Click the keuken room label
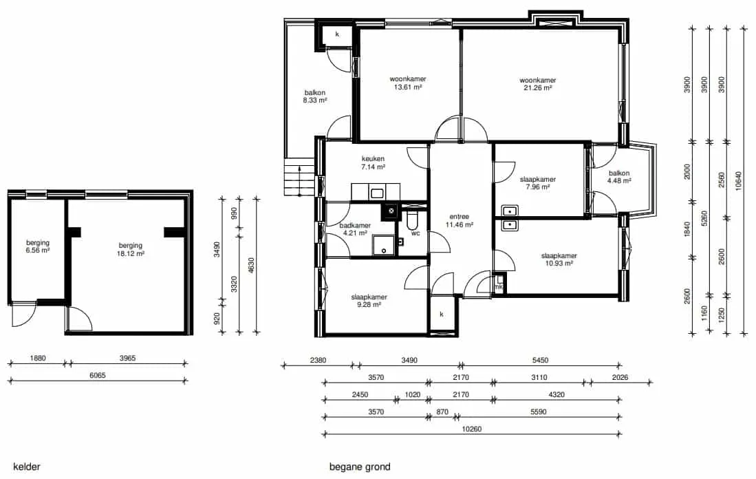click(373, 163)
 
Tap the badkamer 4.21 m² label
click(356, 229)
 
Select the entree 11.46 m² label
click(459, 220)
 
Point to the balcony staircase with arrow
click(299, 177)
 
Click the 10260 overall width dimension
click(471, 429)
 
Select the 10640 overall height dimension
click(739, 181)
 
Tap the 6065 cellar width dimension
click(98, 375)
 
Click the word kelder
click(27, 467)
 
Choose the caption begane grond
click(360, 467)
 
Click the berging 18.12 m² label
click(130, 249)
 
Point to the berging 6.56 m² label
click(38, 246)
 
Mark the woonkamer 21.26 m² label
click(537, 84)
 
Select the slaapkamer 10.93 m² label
click(559, 259)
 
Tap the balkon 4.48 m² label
click(619, 177)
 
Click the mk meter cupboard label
click(499, 287)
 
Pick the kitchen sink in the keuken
click(376, 193)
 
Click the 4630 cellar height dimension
click(250, 266)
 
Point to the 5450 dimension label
click(540, 360)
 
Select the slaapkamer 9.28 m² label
click(369, 301)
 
